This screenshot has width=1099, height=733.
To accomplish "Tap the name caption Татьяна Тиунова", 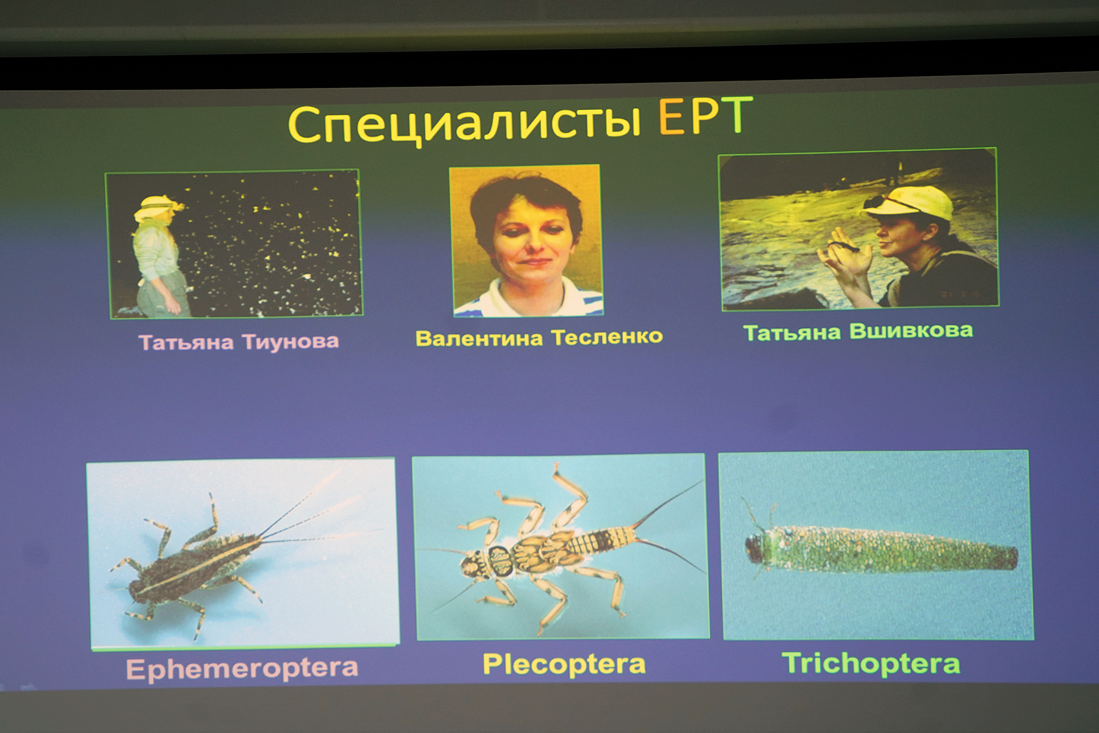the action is (239, 342).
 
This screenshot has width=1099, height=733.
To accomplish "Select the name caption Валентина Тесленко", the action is (539, 338).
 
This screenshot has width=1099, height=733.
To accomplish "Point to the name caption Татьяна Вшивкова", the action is (858, 331).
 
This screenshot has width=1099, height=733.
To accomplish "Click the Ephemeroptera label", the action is (242, 668).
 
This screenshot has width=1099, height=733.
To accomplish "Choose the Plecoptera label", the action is (564, 664).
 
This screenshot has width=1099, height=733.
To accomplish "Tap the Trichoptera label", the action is (871, 663).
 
